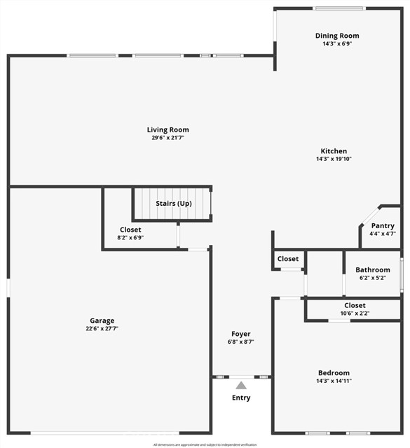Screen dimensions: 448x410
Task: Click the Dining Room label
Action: pyautogui.click(x=337, y=36)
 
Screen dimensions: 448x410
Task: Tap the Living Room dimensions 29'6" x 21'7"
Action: pyautogui.click(x=168, y=139)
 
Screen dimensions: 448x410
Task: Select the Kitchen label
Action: pyautogui.click(x=334, y=151)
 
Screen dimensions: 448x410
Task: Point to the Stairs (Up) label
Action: pyautogui.click(x=174, y=204)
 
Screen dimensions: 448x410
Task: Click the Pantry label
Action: pyautogui.click(x=383, y=225)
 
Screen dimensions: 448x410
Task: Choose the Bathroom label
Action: pyautogui.click(x=372, y=269)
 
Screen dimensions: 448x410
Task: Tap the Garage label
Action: pyautogui.click(x=102, y=321)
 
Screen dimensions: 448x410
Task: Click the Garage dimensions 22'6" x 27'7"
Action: pyautogui.click(x=102, y=329)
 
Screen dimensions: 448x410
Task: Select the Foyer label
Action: pyautogui.click(x=241, y=334)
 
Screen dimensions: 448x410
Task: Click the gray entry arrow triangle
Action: pyautogui.click(x=241, y=385)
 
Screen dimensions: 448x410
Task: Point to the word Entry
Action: pyautogui.click(x=241, y=398)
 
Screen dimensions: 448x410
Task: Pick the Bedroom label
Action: pyautogui.click(x=334, y=373)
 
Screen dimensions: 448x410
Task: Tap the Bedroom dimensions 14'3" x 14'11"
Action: pyautogui.click(x=334, y=381)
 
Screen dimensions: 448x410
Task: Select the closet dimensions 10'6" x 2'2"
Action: pyautogui.click(x=355, y=314)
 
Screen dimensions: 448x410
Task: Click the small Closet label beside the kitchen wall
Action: pyautogui.click(x=288, y=259)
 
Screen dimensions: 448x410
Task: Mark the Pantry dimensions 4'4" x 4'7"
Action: pyautogui.click(x=383, y=234)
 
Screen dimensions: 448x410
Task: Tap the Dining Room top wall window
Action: pyautogui.click(x=339, y=8)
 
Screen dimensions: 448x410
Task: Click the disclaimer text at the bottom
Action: pyautogui.click(x=205, y=444)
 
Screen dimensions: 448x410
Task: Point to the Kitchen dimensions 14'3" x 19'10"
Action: pyautogui.click(x=334, y=160)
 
